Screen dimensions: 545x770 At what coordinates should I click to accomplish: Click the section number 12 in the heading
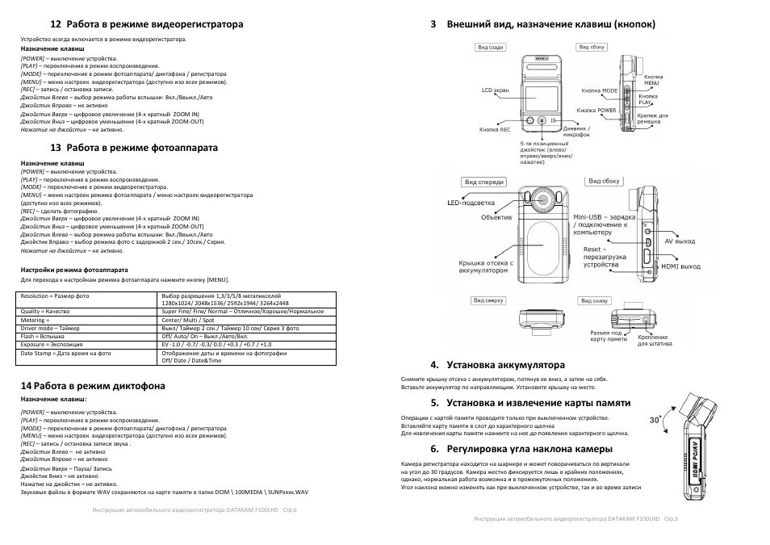pos(55,25)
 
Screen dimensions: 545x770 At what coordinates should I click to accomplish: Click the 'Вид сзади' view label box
pos(491,48)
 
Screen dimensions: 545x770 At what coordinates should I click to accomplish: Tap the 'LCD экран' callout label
pos(495,90)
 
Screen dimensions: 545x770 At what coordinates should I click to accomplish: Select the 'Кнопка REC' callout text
pos(495,129)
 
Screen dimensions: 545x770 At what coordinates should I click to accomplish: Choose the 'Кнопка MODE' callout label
pos(599,91)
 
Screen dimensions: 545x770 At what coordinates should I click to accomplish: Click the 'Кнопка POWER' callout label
pos(597,109)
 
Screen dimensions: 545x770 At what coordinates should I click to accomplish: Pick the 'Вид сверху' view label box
pos(489,300)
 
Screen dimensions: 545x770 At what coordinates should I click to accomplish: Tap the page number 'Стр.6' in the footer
pos(278,509)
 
